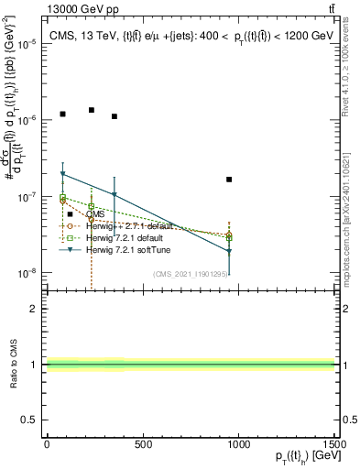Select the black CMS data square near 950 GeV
(x=229, y=180)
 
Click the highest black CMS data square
(x=92, y=110)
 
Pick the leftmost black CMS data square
(x=62, y=115)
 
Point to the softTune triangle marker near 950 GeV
(x=229, y=251)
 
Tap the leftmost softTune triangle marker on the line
(x=62, y=174)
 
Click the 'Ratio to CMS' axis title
(x=13, y=365)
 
